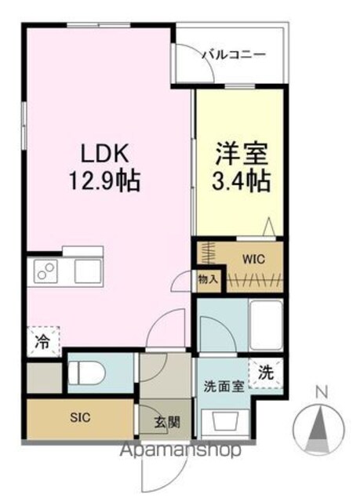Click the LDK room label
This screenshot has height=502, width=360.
tap(105, 154)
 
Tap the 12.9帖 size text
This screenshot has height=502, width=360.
tap(105, 181)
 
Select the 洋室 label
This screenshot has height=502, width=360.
tap(242, 154)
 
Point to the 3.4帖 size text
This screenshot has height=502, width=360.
tap(242, 181)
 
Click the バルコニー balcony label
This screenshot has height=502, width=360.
tap(234, 54)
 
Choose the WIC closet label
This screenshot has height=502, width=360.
tap(253, 259)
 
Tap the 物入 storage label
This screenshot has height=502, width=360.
tap(208, 280)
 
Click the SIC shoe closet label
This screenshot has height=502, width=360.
tap(80, 417)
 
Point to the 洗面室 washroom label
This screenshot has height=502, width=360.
tap(224, 387)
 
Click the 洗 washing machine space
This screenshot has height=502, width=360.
tap(266, 373)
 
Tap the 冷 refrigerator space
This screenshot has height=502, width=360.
tap(43, 342)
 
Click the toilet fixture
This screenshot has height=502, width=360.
tap(87, 373)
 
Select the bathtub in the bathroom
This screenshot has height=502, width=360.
tap(266, 325)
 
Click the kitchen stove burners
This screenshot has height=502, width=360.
tap(45, 271)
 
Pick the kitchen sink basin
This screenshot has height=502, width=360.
tap(88, 271)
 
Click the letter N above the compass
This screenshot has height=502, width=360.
tap(322, 393)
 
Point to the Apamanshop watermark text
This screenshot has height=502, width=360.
tap(180, 451)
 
